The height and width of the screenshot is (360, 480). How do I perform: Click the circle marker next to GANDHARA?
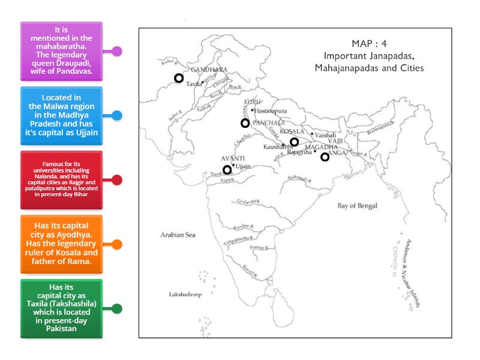coord(178,78)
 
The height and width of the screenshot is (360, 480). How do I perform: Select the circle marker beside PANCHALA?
coord(245,123)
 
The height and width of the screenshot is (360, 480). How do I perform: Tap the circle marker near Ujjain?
coord(227,170)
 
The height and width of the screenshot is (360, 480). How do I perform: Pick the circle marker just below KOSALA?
coord(294,142)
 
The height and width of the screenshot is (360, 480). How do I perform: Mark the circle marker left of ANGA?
coord(325,157)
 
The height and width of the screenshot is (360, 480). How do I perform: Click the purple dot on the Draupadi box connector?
coord(118,51)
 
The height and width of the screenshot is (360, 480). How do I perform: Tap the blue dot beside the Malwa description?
coord(118,115)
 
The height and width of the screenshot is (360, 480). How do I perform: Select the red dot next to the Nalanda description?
coord(118,179)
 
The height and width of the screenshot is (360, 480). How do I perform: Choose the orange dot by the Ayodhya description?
coord(118,244)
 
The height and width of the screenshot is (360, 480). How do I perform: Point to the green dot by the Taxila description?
coord(118,308)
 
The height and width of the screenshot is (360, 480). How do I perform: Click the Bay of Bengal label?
coord(358,206)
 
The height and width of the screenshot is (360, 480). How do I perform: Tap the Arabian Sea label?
coord(178,235)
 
